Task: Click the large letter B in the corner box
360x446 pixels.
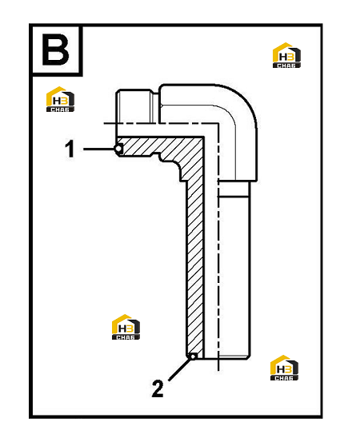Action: tap(55, 50)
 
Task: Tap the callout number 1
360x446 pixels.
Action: tap(70, 149)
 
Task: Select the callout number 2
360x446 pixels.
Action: tap(158, 388)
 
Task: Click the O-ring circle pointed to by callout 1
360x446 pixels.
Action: tap(118, 149)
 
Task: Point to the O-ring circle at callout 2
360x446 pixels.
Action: tap(194, 356)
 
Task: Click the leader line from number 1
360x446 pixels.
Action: tap(98, 149)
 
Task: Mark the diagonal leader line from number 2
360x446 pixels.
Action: tap(179, 369)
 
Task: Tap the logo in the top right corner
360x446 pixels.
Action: tap(286, 55)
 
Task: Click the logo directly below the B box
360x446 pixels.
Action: tap(60, 99)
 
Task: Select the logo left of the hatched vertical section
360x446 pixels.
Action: tap(126, 327)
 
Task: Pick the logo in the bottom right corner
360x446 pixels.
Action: tap(284, 368)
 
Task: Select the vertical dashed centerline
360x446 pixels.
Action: tap(218, 248)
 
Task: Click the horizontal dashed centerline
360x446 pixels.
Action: tap(161, 123)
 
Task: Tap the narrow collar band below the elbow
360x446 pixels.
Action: tap(234, 189)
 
